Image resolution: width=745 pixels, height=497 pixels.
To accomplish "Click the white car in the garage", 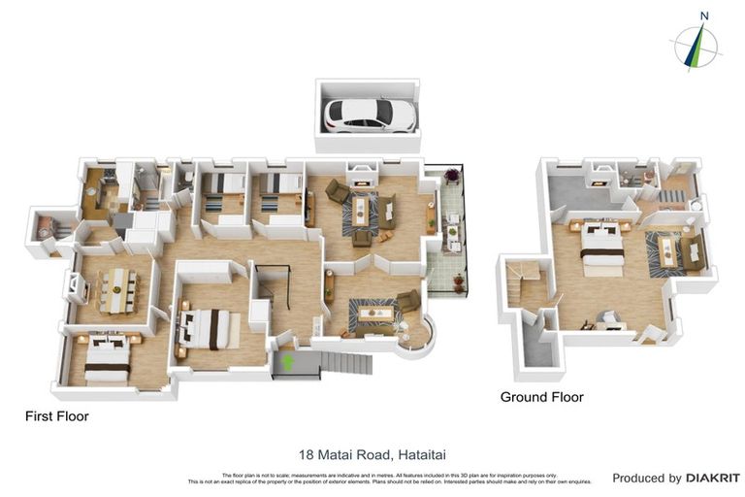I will [x=372, y=116].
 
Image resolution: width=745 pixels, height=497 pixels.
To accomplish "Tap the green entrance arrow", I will [x=287, y=363].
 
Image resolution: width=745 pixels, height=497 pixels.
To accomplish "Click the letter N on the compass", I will [x=704, y=16].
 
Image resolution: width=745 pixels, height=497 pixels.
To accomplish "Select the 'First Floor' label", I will [x=56, y=416].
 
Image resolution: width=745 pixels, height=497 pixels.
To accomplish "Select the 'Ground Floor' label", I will [x=541, y=397].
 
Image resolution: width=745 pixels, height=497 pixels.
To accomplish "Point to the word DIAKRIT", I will [x=713, y=478].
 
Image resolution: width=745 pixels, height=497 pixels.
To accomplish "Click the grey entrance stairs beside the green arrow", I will [x=344, y=364].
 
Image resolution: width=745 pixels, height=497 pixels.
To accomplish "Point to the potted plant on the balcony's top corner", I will [x=451, y=176].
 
